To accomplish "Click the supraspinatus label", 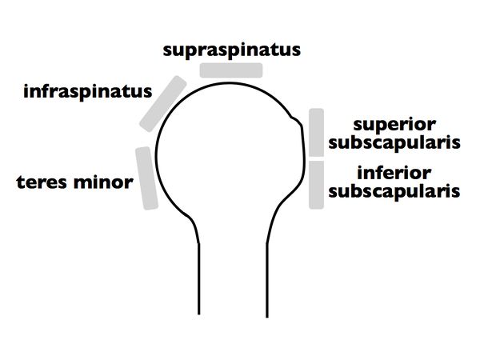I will (x=232, y=50).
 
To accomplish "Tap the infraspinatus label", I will (x=88, y=91).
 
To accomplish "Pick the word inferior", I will (x=395, y=173).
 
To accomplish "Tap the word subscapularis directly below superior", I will (x=394, y=143).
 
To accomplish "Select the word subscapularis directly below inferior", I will (x=394, y=191).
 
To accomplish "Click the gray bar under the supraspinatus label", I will (x=231, y=70).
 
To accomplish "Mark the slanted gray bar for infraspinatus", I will (x=163, y=103).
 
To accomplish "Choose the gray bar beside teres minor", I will (x=146, y=178).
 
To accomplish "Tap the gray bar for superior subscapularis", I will (x=316, y=133).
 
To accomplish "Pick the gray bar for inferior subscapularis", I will (x=316, y=185).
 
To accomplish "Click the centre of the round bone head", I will (x=228, y=152).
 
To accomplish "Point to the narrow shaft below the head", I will (x=232, y=296).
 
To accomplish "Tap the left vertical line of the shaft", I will (x=198, y=296).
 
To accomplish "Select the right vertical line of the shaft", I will (x=267, y=296).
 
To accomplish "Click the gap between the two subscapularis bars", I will (x=316, y=158).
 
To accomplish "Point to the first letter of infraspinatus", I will (x=26, y=90).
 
